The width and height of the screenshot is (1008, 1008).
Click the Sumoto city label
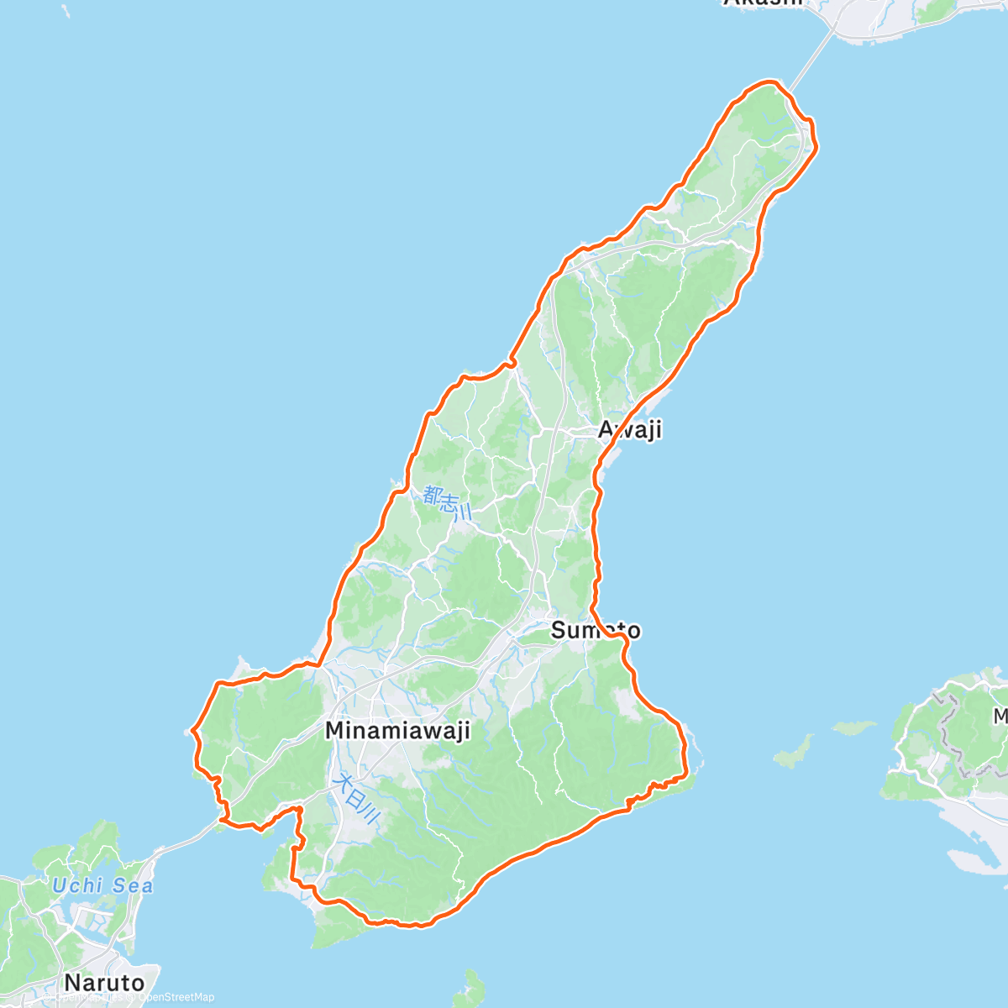tap(596, 630)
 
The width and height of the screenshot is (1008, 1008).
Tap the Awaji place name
tap(630, 430)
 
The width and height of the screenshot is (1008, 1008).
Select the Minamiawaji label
tap(396, 731)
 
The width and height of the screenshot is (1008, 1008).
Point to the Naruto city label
tap(104, 982)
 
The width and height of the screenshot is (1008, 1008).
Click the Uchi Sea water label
tap(102, 885)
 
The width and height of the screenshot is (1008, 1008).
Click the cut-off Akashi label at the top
tap(763, 3)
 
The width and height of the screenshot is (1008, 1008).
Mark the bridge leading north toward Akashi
tap(811, 57)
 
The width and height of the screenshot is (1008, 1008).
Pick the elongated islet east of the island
tap(794, 750)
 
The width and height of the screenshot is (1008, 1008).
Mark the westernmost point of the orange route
tap(193, 729)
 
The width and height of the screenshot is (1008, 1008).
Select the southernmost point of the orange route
tap(413, 927)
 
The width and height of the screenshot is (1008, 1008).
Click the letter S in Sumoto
tap(559, 630)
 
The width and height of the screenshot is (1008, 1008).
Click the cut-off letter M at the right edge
tap(1000, 717)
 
